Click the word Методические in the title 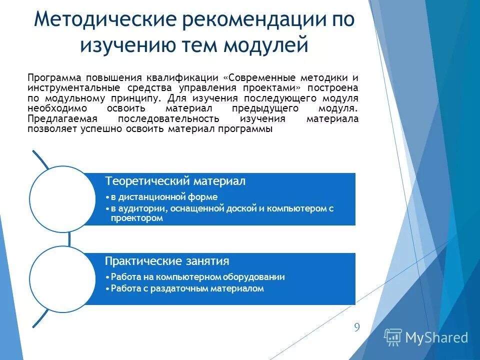click(103, 20)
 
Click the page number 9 click(356, 327)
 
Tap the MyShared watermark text click(436, 337)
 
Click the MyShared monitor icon click(393, 337)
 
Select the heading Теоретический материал click(174, 181)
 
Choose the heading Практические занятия click(167, 261)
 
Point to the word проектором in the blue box click(136, 218)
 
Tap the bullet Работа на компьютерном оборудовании click(197, 277)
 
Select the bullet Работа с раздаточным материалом click(187, 288)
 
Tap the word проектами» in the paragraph click(274, 88)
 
